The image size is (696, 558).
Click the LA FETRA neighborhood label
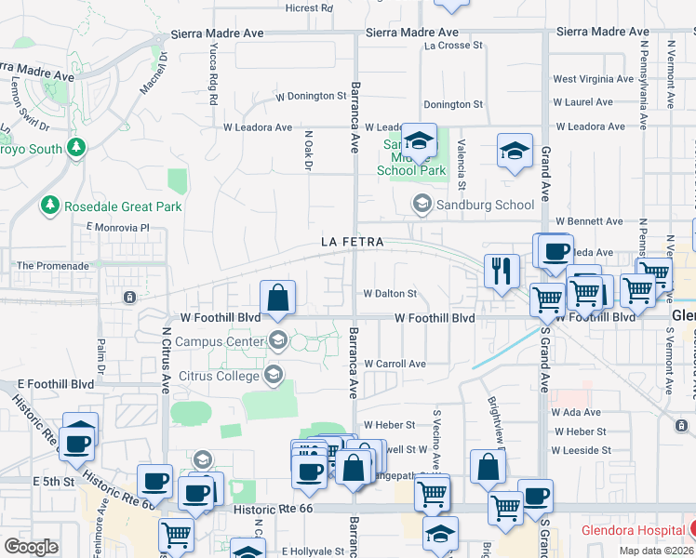click(354, 241)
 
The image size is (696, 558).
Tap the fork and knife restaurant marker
click(502, 271)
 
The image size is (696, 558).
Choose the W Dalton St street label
click(389, 294)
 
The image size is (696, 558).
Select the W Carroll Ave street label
click(395, 364)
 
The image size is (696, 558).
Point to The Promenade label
click(52, 265)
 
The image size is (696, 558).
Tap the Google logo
click(31, 547)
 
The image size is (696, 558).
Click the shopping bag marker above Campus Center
click(278, 299)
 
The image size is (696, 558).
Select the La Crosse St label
click(453, 45)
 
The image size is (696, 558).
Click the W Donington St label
click(311, 96)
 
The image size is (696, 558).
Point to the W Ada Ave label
click(576, 412)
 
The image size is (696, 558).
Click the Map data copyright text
click(657, 550)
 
